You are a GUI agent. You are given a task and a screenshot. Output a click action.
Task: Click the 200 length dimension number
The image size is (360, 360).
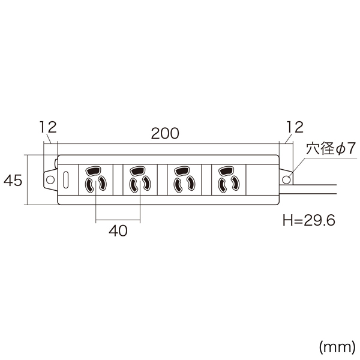pos(165,133)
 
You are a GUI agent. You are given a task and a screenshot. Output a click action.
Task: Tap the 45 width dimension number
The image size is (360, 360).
pos(13,180)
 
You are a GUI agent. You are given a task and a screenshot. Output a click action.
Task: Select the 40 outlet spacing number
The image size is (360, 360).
pos(118,231)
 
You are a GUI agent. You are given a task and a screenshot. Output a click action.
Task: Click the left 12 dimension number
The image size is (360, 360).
pos(48,127)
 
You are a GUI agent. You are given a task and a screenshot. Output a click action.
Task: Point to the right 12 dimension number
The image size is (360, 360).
pos(295,127)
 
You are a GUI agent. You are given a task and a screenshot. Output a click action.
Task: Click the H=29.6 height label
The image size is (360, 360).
pos(309,220)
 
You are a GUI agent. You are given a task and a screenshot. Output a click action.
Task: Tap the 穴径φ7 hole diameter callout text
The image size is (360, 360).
pos(331,149)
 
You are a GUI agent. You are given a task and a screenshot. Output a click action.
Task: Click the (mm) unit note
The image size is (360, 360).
pos(337,347)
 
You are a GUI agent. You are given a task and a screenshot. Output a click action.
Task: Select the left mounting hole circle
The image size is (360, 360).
pos(50,179)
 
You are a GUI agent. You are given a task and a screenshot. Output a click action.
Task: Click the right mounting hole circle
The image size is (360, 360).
pos(286,179)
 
